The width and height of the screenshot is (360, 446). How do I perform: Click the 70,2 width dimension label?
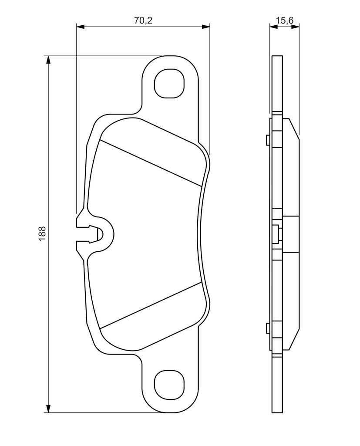(143, 20)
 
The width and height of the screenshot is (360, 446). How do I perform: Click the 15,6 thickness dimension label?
(284, 20)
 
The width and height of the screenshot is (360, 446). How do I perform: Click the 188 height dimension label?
(42, 234)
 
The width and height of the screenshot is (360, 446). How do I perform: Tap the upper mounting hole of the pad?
(169, 83)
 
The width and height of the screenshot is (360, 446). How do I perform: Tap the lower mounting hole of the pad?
(169, 385)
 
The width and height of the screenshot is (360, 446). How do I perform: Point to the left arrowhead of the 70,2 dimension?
(81, 27)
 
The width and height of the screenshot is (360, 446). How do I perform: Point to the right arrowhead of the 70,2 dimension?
(205, 27)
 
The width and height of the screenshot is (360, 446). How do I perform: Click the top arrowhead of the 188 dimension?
(49, 60)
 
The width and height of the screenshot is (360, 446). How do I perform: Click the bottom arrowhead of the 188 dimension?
(49, 408)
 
